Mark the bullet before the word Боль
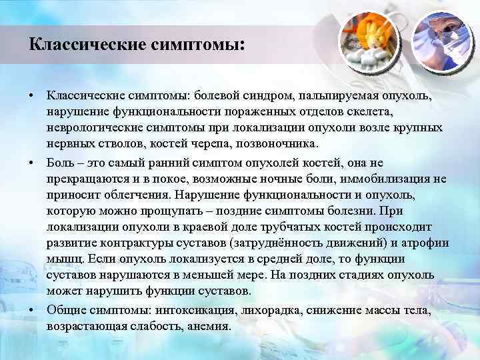(31, 162)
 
